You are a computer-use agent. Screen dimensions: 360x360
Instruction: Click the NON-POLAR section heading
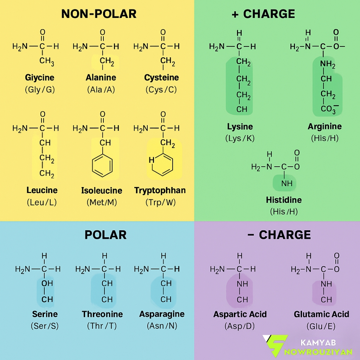tap(99, 14)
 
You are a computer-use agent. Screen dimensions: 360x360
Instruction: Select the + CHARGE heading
tap(263, 14)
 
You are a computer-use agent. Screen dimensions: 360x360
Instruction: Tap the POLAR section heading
tap(105, 235)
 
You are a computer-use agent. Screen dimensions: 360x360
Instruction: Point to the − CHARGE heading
tap(279, 235)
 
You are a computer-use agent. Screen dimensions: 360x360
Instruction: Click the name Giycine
tap(40, 78)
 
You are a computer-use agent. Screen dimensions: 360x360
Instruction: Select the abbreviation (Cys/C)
tap(161, 90)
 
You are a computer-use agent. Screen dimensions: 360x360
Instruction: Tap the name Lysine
tap(240, 127)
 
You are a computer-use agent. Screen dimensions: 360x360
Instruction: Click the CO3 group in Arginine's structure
tap(329, 109)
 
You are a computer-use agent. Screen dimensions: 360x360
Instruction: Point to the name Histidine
tap(284, 200)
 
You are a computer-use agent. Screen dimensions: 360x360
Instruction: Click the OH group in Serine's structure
tap(47, 283)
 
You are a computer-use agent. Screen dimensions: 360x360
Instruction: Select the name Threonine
tap(102, 314)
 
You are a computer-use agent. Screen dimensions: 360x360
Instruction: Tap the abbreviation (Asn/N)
tap(162, 326)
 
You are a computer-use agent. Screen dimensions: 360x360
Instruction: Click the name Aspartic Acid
tap(240, 314)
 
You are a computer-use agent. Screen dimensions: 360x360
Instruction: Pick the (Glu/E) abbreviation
tap(321, 326)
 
